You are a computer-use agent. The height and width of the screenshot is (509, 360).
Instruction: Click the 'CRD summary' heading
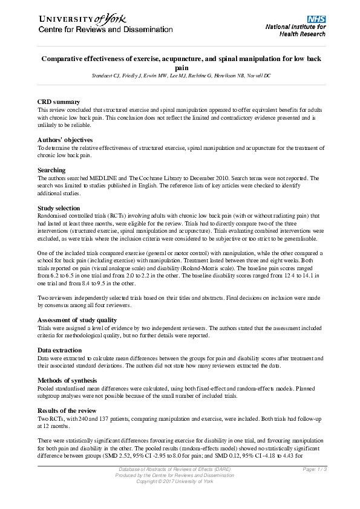point(59,102)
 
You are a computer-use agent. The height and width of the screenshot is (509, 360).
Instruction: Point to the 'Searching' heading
point(51,170)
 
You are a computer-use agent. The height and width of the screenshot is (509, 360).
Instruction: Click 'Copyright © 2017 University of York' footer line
point(180,481)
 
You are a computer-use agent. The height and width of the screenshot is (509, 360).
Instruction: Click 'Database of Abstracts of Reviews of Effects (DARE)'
point(180,470)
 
